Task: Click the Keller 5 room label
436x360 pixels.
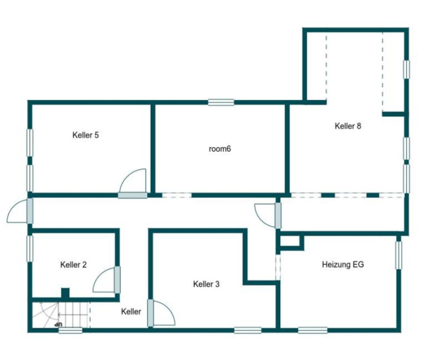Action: (85, 135)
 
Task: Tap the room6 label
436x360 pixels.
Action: (220, 149)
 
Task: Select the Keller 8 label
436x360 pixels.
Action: (348, 126)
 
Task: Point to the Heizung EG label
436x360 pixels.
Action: (343, 264)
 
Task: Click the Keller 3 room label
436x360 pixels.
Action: (207, 284)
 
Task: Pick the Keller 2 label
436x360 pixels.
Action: (73, 265)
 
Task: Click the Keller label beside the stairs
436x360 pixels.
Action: (131, 311)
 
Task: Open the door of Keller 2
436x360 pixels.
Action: (107, 280)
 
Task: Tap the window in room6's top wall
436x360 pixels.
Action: (221, 102)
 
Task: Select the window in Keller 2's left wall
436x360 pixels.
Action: (30, 248)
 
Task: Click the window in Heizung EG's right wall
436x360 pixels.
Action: (399, 255)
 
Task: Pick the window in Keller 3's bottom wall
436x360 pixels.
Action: (248, 330)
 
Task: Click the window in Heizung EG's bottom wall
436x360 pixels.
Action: (313, 330)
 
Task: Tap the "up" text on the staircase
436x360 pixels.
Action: (59, 324)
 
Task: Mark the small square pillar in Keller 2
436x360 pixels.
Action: (65, 293)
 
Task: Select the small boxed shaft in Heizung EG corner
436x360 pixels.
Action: (290, 242)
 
